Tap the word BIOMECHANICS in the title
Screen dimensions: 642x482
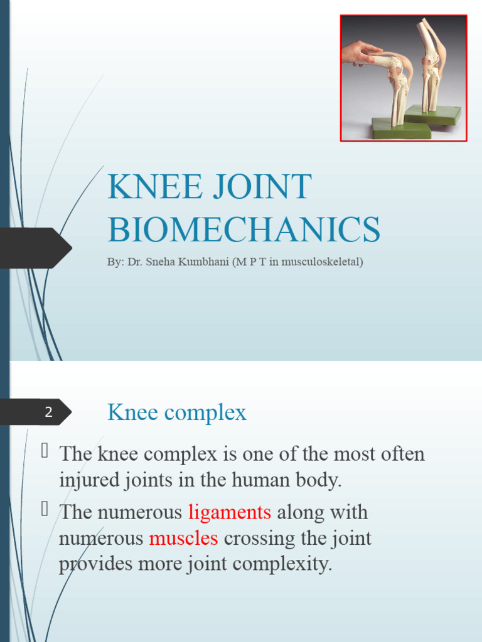click(244, 230)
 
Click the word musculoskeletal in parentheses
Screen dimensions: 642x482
click(320, 262)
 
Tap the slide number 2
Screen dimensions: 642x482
click(48, 413)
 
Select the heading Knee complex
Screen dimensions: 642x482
click(177, 413)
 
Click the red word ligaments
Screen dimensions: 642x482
click(230, 512)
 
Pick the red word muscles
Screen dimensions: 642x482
click(183, 538)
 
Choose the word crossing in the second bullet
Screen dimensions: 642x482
click(257, 538)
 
